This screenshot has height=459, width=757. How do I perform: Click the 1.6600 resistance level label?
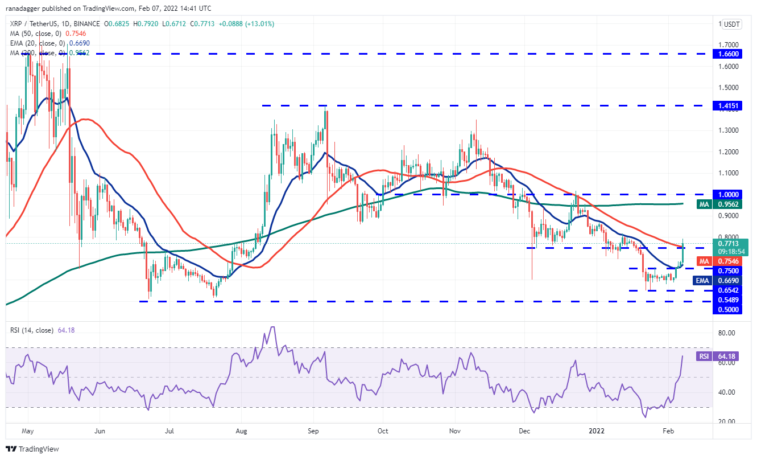click(x=728, y=54)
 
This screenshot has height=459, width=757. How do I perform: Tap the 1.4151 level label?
click(x=728, y=106)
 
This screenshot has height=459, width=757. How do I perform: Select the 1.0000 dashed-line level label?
click(x=728, y=194)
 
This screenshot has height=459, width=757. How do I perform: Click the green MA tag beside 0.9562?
click(x=705, y=203)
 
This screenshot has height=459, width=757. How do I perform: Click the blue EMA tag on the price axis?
click(x=704, y=280)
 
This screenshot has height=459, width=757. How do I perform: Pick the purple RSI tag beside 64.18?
click(x=704, y=356)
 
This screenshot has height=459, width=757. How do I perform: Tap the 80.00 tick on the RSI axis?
click(x=727, y=333)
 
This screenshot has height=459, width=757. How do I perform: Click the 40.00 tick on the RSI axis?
click(x=727, y=392)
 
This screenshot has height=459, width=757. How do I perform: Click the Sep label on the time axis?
click(x=313, y=432)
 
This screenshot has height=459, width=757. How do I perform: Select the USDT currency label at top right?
click(x=731, y=24)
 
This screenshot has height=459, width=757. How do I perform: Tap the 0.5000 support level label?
click(x=728, y=309)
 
